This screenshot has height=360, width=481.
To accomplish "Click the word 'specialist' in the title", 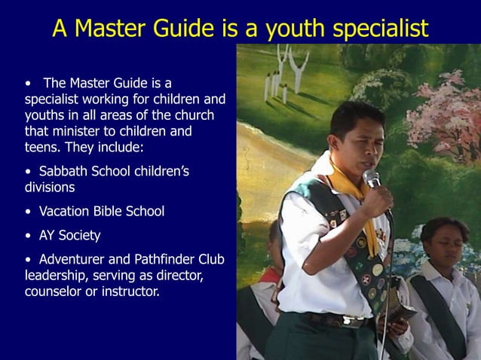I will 375,28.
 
